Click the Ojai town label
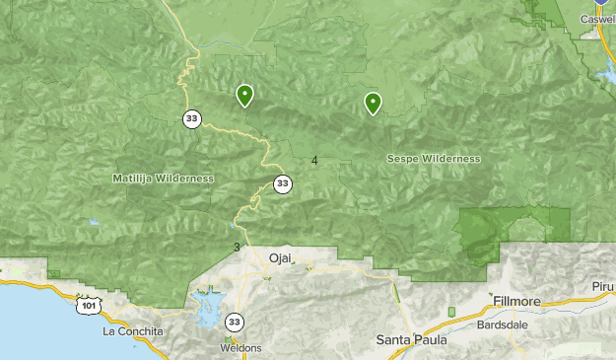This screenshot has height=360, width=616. (x=281, y=258)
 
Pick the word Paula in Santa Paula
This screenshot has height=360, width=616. (x=431, y=339)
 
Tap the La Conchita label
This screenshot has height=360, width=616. (x=133, y=331)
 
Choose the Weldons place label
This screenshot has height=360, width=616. (x=241, y=348)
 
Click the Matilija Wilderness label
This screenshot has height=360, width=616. (x=163, y=179)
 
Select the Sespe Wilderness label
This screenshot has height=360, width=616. (x=434, y=159)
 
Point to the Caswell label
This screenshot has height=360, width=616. (x=596, y=19)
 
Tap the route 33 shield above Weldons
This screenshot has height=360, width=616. (x=234, y=322)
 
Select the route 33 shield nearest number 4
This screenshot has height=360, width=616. (x=283, y=183)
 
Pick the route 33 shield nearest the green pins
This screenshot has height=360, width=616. (x=190, y=118)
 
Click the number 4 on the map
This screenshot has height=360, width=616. (x=314, y=161)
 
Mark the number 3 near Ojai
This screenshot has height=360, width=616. (x=237, y=247)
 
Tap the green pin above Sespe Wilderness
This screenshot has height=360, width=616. (x=373, y=103)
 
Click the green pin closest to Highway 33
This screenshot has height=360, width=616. (x=243, y=95)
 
